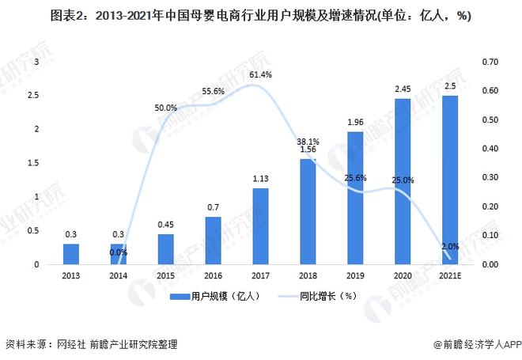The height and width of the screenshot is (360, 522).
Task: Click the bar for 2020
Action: tap(403, 181)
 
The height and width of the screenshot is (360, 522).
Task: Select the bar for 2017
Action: tap(260, 225)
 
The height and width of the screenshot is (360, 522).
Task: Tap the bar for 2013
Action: tap(71, 253)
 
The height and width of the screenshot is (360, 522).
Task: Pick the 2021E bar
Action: tap(450, 180)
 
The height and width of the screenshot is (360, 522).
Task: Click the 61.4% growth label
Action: tap(260, 74)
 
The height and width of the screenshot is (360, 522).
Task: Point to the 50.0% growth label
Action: tap(165, 108)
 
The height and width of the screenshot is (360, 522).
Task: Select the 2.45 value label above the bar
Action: tap(403, 89)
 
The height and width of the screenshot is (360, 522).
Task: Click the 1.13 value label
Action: tap(260, 179)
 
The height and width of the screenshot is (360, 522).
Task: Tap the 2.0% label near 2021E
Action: tap(449, 247)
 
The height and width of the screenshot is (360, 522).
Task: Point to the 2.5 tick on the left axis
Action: tap(34, 95)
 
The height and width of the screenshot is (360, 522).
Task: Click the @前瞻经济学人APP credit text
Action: tap(473, 345)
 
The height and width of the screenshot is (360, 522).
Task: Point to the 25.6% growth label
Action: tap(355, 178)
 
